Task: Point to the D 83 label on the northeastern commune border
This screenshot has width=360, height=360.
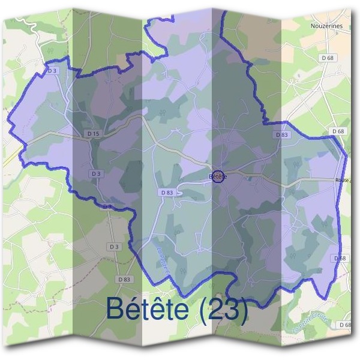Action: [x=282, y=135]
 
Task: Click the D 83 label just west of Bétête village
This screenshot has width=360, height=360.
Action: [x=167, y=193]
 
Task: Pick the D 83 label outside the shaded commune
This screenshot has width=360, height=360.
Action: [x=124, y=279]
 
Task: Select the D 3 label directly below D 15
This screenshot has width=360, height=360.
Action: [x=95, y=173]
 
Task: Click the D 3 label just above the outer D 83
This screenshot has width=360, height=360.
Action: [x=114, y=247]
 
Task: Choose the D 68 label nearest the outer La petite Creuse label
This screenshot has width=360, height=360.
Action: [x=345, y=325]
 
